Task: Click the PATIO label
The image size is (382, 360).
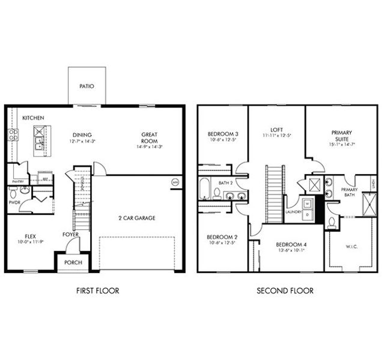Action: tap(86, 86)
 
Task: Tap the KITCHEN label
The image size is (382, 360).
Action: tap(33, 118)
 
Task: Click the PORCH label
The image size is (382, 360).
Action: tap(72, 262)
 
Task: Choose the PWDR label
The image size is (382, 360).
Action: tap(14, 203)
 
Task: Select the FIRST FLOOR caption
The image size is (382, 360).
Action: tap(97, 291)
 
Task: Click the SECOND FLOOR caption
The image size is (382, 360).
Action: tap(285, 291)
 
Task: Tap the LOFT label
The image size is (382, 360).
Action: tap(276, 129)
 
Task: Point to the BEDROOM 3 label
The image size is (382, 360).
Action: tap(223, 133)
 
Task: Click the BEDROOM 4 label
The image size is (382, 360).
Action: tap(291, 244)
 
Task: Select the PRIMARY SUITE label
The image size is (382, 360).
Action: tap(341, 136)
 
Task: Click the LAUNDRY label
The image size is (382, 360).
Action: tap(294, 212)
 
